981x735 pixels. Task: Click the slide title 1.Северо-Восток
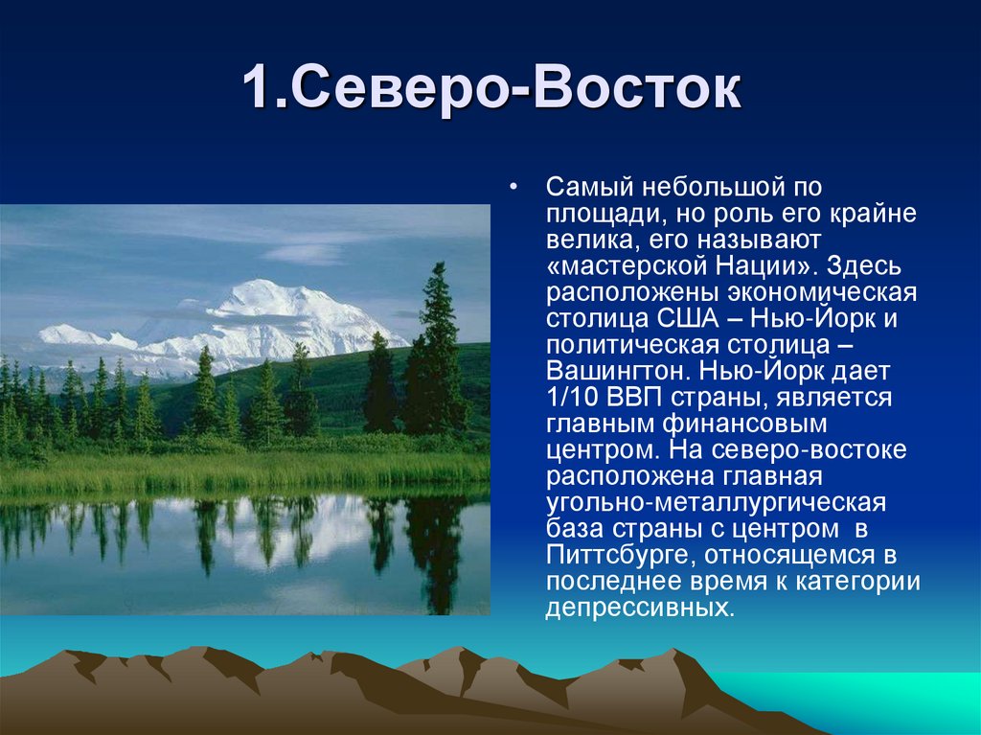(490, 89)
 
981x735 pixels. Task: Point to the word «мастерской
(621, 264)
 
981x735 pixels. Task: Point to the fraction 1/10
(572, 397)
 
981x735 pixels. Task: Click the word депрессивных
(635, 608)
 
